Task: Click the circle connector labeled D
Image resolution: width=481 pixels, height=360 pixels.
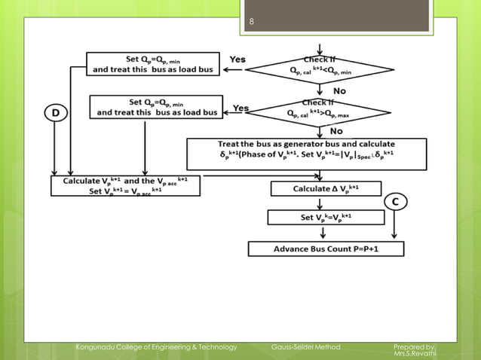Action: (x=55, y=113)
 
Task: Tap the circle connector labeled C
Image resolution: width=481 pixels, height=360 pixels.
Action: (x=397, y=201)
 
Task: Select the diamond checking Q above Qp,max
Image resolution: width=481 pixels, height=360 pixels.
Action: (x=320, y=111)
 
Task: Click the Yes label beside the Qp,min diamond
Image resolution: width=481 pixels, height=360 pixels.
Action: (x=237, y=59)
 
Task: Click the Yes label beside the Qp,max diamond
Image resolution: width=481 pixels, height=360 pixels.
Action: (x=240, y=108)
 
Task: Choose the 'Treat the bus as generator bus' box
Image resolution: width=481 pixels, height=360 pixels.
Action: (x=307, y=154)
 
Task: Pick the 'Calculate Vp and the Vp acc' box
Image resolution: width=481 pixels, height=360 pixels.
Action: (x=126, y=185)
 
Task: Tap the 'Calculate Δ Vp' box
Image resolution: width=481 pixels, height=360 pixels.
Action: (x=326, y=189)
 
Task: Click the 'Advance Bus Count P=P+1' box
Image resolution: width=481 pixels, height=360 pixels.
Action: (x=326, y=249)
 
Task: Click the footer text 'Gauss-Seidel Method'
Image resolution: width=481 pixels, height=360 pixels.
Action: (x=305, y=346)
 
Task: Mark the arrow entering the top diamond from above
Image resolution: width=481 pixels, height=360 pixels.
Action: (x=321, y=47)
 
